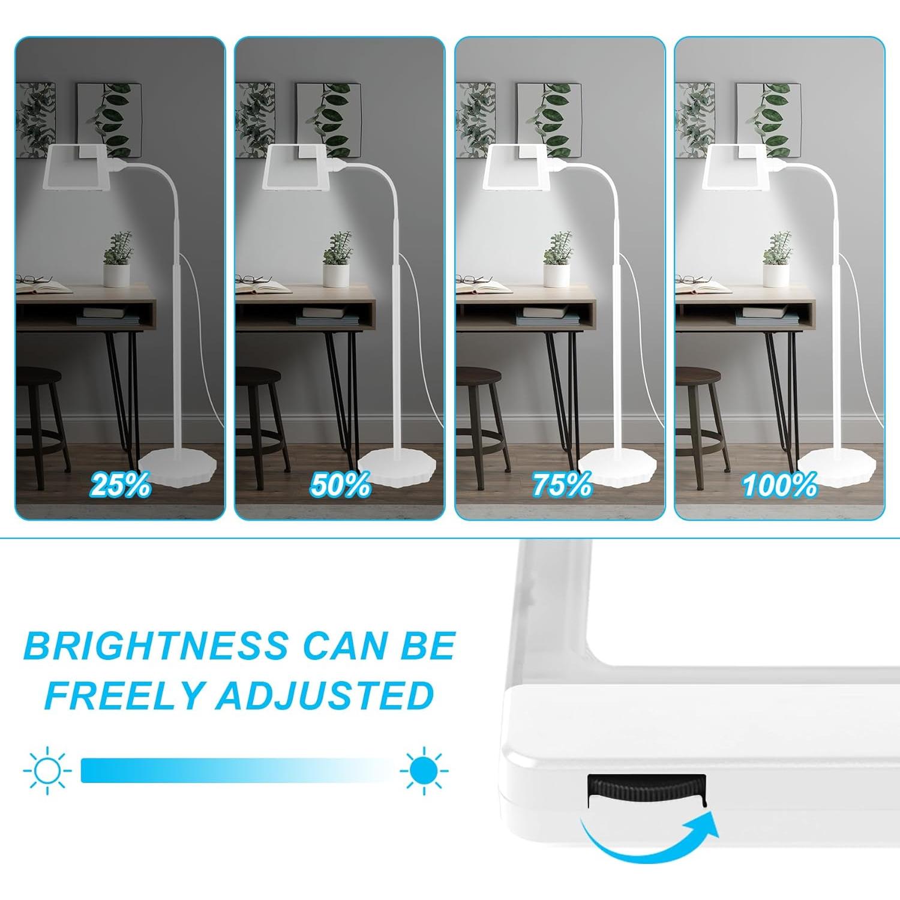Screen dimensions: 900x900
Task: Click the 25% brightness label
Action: tap(121, 485)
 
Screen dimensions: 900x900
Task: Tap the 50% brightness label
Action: tap(340, 485)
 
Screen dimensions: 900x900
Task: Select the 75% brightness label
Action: tap(562, 485)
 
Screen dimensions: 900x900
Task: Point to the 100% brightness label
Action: tap(779, 485)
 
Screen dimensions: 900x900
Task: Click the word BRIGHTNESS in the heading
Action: tap(157, 646)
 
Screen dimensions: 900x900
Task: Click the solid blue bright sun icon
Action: tap(424, 770)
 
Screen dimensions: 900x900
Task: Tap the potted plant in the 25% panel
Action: tap(117, 258)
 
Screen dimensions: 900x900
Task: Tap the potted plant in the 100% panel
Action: tap(776, 258)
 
